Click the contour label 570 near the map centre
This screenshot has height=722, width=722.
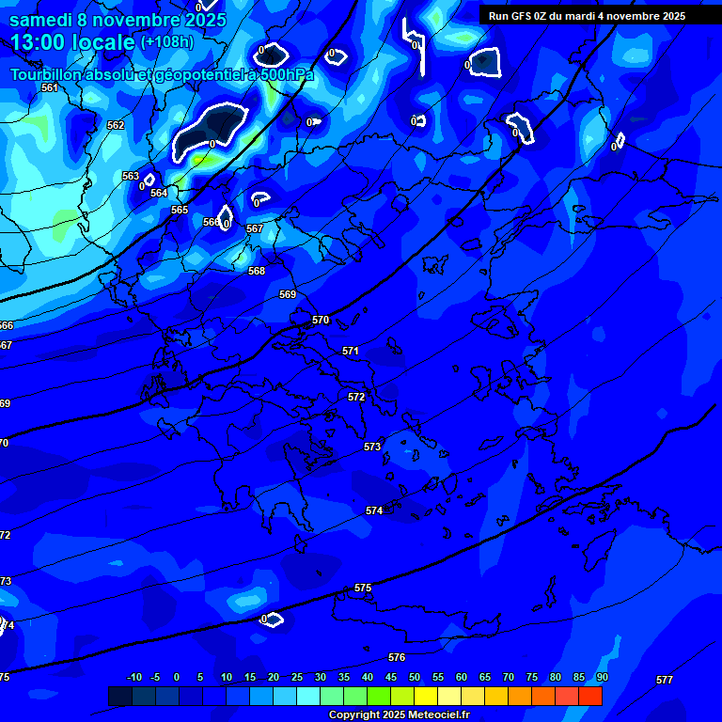point(321,321)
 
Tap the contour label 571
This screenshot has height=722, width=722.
point(351,351)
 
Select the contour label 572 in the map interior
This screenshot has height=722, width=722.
point(356,398)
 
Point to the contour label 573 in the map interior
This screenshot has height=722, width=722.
point(372,447)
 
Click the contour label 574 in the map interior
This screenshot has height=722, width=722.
point(374,510)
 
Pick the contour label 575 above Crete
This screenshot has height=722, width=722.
point(363,588)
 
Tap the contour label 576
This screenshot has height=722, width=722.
point(397,657)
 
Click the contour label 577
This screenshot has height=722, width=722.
point(665,679)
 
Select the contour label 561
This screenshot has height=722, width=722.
point(50,87)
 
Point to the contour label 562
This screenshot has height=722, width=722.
point(116,125)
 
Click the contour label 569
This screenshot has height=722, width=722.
point(288,294)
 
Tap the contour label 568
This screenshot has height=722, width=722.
point(257,271)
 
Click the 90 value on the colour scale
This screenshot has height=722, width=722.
point(602,677)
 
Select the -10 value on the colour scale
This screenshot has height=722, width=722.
point(134,677)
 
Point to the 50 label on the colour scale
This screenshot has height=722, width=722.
point(415,677)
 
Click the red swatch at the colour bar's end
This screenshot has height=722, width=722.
point(590,696)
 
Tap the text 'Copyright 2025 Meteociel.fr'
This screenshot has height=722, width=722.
point(399,714)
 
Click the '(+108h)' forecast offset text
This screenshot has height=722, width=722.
point(167,41)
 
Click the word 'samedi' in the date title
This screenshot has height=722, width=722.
point(41,20)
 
